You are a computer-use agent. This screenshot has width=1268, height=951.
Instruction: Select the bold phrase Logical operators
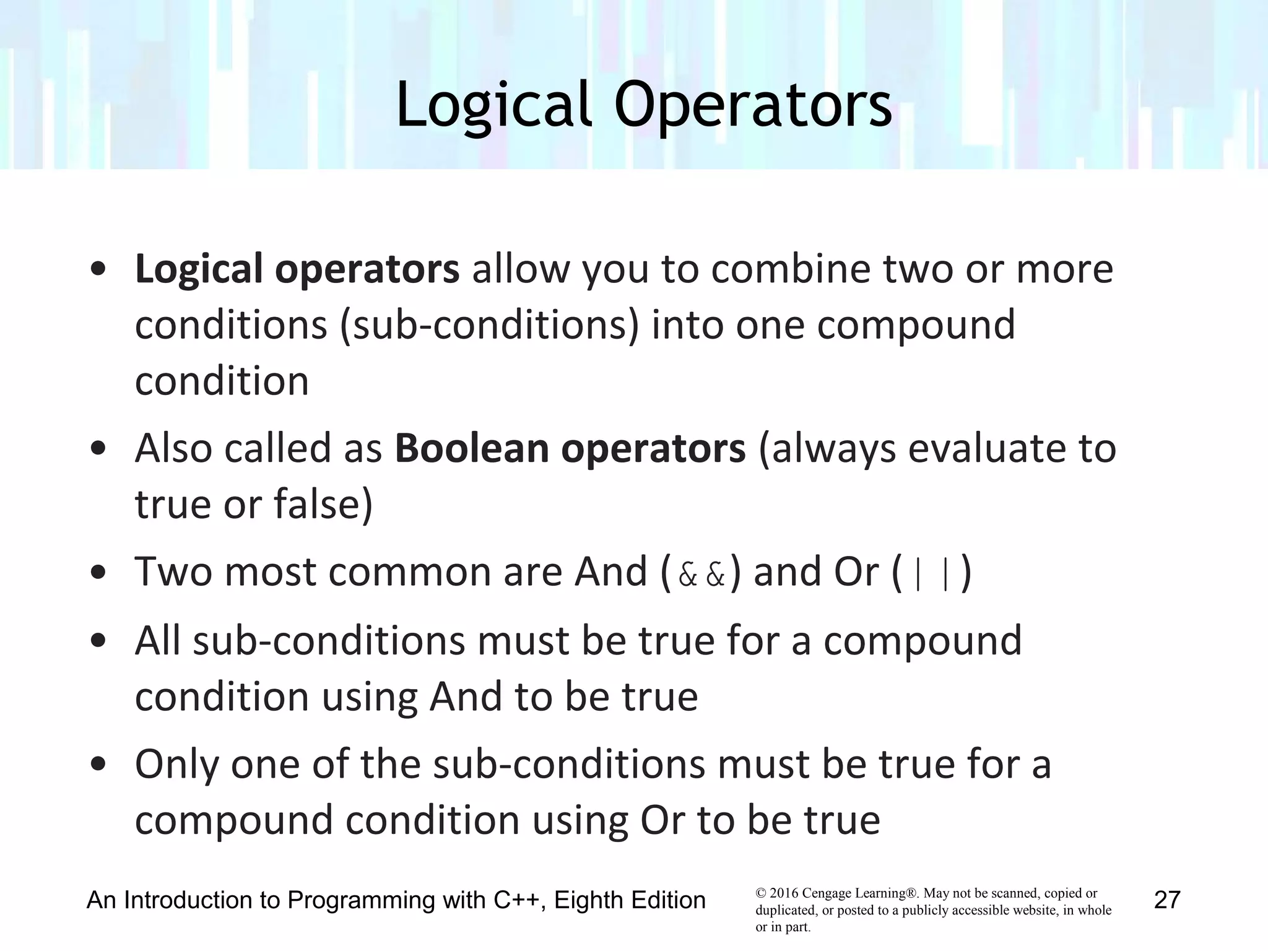[297, 270]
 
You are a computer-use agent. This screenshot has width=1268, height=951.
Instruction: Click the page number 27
[1167, 900]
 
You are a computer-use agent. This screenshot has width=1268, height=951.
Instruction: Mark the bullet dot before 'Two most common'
[98, 573]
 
